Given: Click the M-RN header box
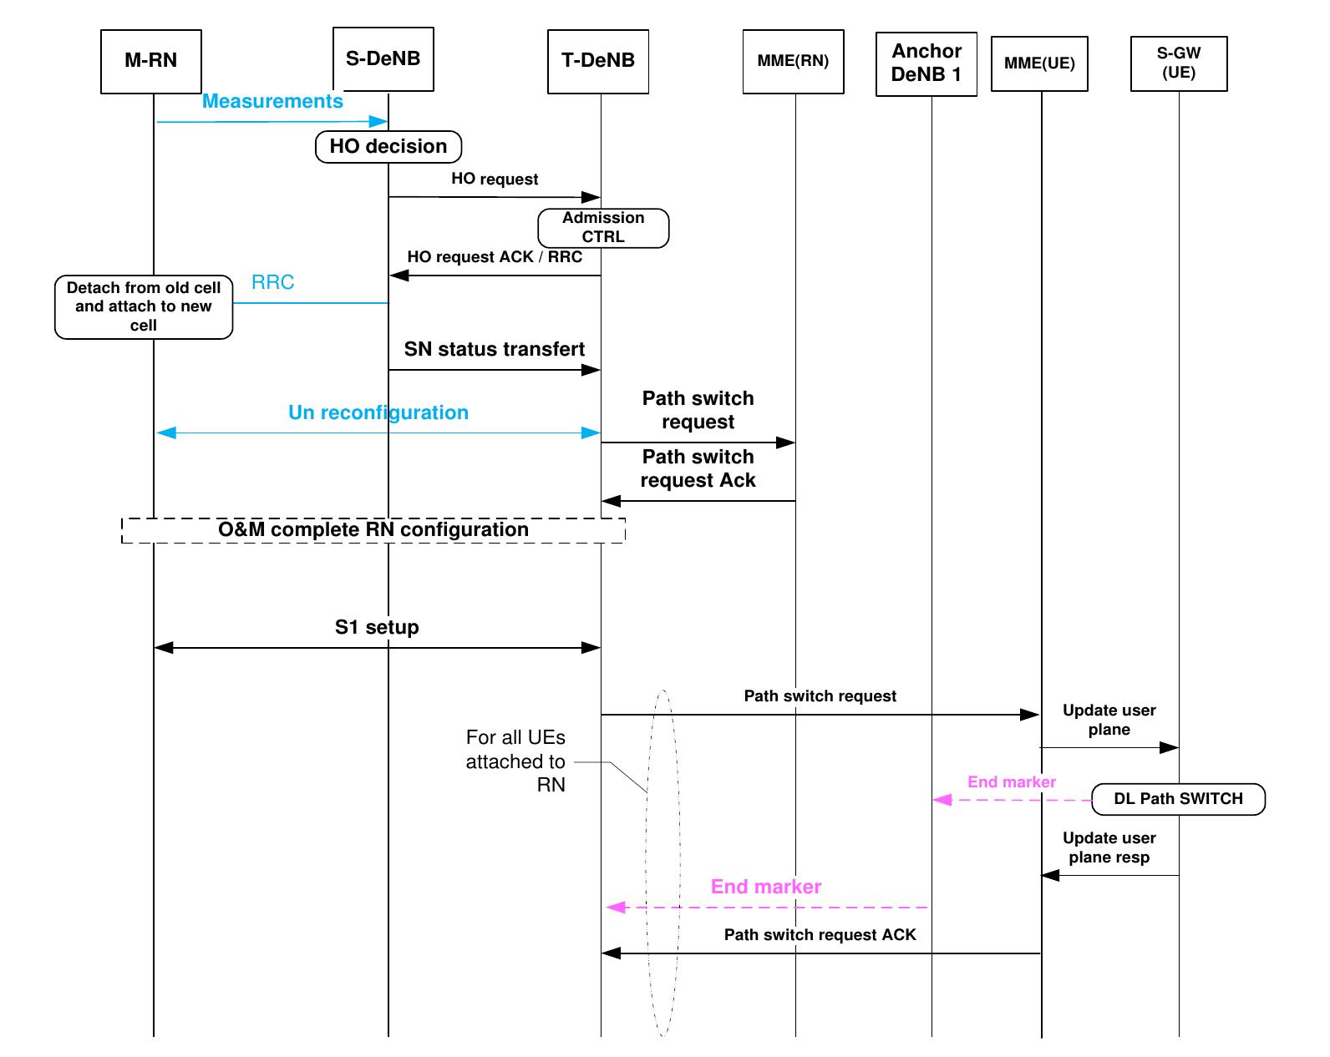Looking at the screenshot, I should click(150, 61).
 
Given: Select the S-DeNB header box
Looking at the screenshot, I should click(383, 58).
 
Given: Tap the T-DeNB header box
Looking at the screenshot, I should click(598, 61).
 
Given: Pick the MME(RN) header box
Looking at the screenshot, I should click(793, 61).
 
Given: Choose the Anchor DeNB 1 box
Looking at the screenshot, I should click(926, 63).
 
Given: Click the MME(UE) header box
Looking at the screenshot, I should click(1039, 63).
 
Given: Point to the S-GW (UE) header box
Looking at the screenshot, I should click(1178, 63).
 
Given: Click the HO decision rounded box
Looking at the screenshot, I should click(388, 147).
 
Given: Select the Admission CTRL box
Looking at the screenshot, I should click(603, 228).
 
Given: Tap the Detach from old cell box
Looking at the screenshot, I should click(144, 306).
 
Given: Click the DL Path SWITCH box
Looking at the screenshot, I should click(1178, 799).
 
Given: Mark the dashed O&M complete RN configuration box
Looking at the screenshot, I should click(373, 530).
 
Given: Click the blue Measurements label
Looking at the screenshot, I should click(272, 102).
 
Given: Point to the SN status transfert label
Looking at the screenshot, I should click(494, 350).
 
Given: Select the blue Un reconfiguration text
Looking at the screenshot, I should click(378, 413).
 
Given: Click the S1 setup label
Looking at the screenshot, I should click(377, 628).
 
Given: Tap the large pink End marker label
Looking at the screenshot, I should click(765, 888).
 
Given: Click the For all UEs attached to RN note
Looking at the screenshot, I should click(515, 761).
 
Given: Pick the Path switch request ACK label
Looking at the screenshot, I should click(820, 935).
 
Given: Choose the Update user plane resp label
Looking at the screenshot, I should click(1109, 847).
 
